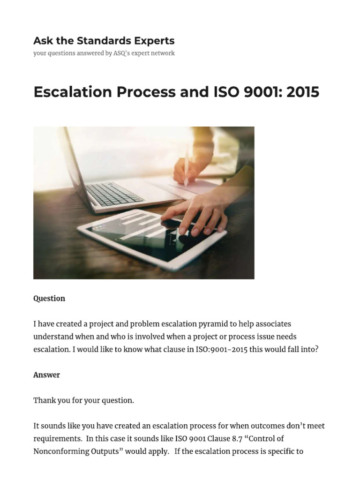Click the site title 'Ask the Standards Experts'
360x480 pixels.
pos(104,40)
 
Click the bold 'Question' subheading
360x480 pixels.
pos(49,299)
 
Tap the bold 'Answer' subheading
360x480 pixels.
pos(46,375)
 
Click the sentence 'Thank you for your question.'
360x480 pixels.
pos(83,400)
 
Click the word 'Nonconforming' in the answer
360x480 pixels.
pos(61,451)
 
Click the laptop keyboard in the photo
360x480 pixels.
pos(115,193)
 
